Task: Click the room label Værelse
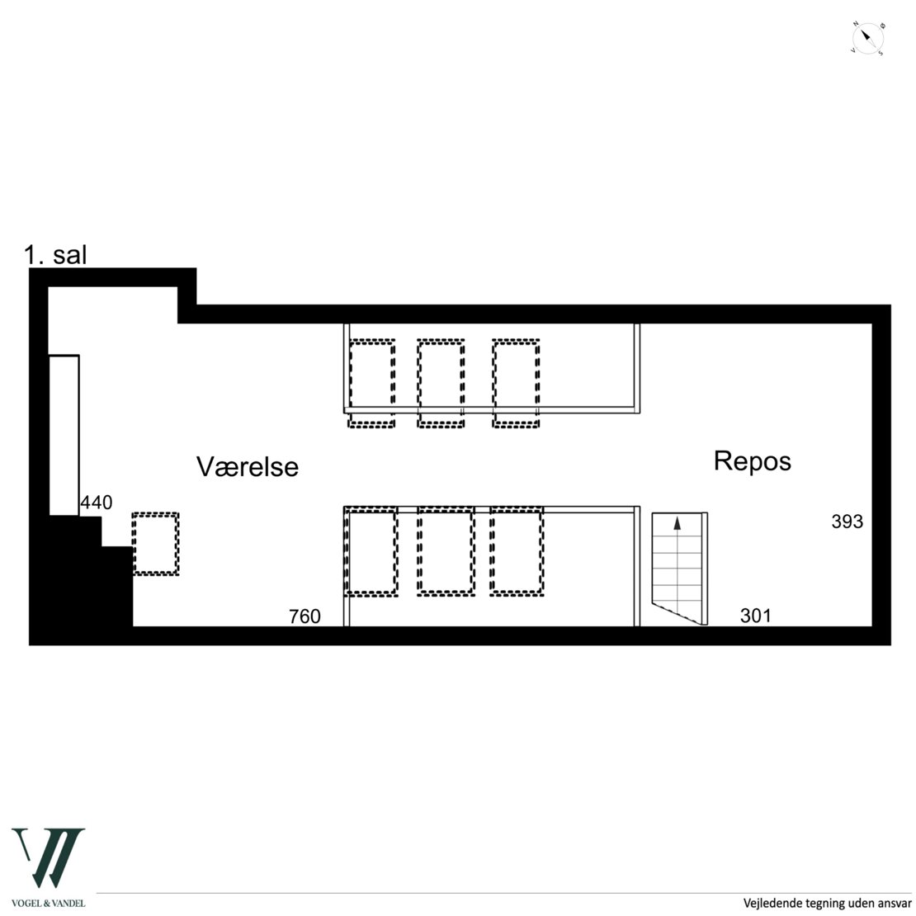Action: click(247, 467)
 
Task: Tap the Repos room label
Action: click(753, 461)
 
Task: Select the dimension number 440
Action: click(97, 503)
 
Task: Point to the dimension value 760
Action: click(305, 616)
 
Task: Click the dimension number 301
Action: click(756, 615)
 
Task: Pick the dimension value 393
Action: click(847, 521)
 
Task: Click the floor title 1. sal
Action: click(55, 255)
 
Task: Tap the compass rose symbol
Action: click(867, 39)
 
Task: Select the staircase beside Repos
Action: click(679, 568)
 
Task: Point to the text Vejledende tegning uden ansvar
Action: click(827, 903)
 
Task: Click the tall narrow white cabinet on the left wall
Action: click(64, 435)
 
